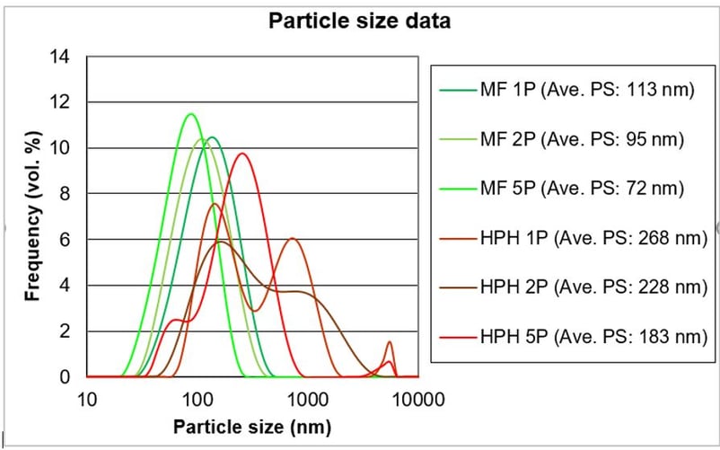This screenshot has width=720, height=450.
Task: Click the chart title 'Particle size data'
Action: (x=360, y=20)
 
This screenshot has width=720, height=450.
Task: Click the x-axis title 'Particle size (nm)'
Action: (x=252, y=426)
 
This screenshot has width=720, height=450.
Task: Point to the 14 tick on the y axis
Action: (x=60, y=57)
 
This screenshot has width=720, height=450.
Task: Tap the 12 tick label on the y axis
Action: (x=60, y=102)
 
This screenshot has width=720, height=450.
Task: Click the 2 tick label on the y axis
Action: (x=65, y=331)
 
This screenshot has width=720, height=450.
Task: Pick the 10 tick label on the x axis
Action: (x=86, y=399)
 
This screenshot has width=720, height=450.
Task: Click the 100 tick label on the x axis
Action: (x=197, y=399)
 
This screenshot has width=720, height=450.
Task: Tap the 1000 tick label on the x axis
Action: (x=307, y=399)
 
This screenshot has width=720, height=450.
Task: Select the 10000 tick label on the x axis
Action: (x=417, y=399)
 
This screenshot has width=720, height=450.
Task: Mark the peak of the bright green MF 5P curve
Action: (x=190, y=114)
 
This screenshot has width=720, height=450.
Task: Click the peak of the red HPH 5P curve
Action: (x=241, y=154)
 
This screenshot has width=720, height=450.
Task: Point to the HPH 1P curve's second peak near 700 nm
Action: (x=293, y=238)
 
